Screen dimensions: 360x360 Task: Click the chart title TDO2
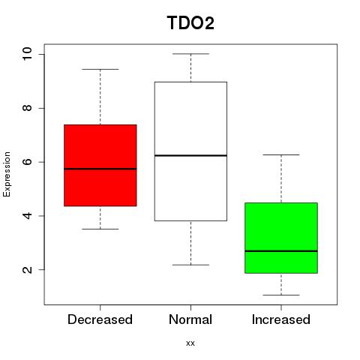tap(190, 23)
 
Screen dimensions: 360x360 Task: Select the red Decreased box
tap(100, 165)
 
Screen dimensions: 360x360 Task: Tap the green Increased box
tap(281, 238)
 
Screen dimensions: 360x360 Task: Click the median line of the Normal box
tap(190, 155)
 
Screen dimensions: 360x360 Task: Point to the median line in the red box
tap(100, 169)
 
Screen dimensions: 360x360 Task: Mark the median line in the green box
tap(281, 251)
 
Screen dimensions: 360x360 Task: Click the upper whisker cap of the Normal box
tap(190, 54)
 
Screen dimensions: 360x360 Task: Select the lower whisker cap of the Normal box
tap(190, 265)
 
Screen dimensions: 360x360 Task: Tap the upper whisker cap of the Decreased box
tap(100, 69)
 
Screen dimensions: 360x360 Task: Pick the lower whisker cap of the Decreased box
tap(100, 229)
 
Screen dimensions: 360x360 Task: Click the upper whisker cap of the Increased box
tap(281, 154)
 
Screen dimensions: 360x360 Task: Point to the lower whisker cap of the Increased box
tap(281, 295)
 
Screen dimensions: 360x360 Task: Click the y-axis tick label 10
tap(28, 54)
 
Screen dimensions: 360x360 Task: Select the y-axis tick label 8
tap(28, 108)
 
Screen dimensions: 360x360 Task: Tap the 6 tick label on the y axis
tap(28, 162)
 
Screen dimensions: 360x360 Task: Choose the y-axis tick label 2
tap(28, 269)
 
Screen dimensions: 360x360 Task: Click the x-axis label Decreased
tap(100, 319)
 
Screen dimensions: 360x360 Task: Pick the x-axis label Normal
tap(190, 319)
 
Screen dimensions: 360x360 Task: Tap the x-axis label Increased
tap(281, 319)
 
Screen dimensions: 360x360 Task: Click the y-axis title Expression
tap(7, 174)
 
